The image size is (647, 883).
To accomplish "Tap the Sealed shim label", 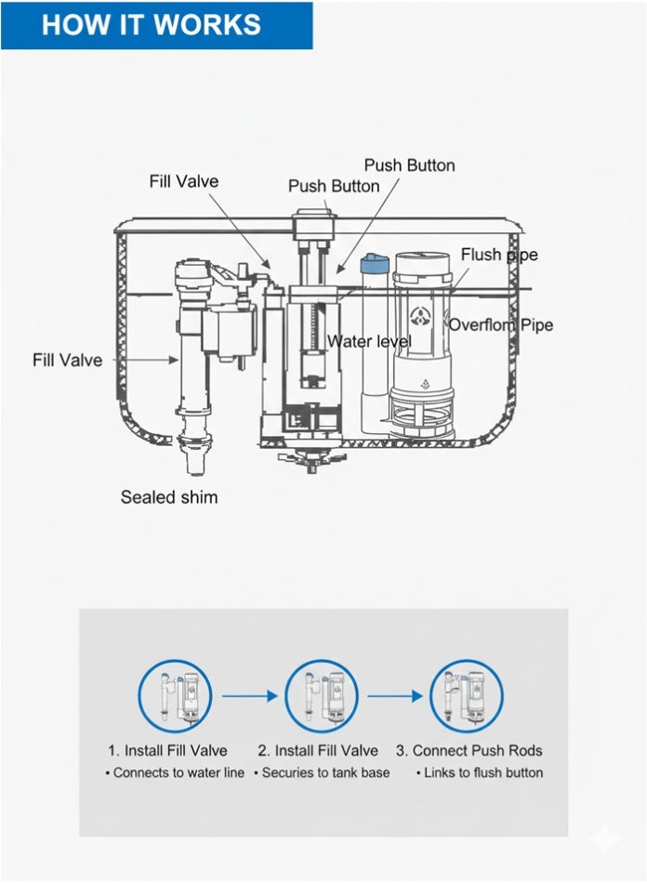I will click(x=169, y=497).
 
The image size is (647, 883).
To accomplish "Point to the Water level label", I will click(x=369, y=342).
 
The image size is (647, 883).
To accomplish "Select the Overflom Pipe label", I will click(x=501, y=324).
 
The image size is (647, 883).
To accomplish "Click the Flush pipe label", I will click(x=499, y=255).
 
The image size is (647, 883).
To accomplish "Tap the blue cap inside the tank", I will click(x=374, y=263).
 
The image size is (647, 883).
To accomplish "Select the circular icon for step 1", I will click(x=175, y=697).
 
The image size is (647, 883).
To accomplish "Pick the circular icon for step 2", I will click(x=321, y=697).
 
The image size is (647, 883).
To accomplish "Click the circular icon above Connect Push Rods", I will click(x=466, y=697).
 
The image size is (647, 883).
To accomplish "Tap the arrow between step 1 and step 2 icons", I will click(x=248, y=695).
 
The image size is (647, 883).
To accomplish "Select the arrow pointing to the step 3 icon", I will click(x=394, y=695).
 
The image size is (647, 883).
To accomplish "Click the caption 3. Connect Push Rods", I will click(x=469, y=750).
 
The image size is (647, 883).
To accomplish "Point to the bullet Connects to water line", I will click(x=175, y=772).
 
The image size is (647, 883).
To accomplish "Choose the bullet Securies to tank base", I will click(x=322, y=772).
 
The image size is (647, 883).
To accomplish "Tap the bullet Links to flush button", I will click(x=480, y=772).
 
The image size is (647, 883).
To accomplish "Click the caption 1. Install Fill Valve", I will click(x=167, y=750).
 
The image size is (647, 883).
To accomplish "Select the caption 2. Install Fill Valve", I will click(x=318, y=750).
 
